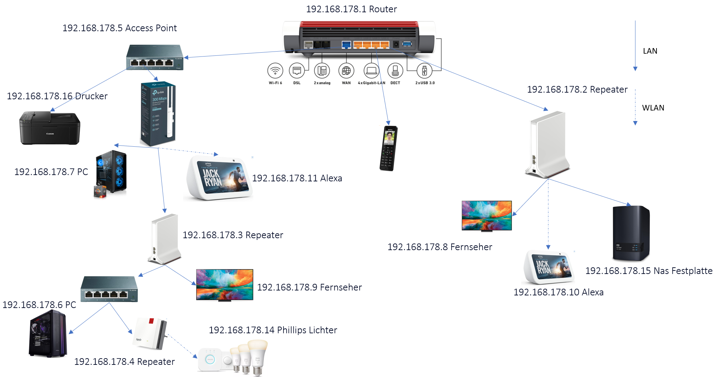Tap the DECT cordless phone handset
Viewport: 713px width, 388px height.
[388, 148]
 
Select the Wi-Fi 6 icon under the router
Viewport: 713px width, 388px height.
[275, 71]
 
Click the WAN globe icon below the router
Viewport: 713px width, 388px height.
[346, 71]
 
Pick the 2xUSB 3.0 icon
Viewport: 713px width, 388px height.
[424, 71]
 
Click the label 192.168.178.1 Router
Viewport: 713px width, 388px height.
[351, 9]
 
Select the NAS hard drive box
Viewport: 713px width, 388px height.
[631, 233]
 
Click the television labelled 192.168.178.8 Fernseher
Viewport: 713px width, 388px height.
[486, 216]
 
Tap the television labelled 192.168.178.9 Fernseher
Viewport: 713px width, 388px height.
[225, 285]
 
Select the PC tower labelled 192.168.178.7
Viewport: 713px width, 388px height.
[111, 172]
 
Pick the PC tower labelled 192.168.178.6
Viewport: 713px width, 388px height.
[48, 334]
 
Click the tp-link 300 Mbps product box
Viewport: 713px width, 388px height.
[158, 114]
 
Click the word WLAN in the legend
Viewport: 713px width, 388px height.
[653, 108]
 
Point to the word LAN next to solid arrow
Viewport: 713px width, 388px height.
[650, 51]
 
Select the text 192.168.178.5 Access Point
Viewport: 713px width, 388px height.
[119, 28]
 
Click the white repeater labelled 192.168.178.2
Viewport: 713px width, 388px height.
[548, 144]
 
